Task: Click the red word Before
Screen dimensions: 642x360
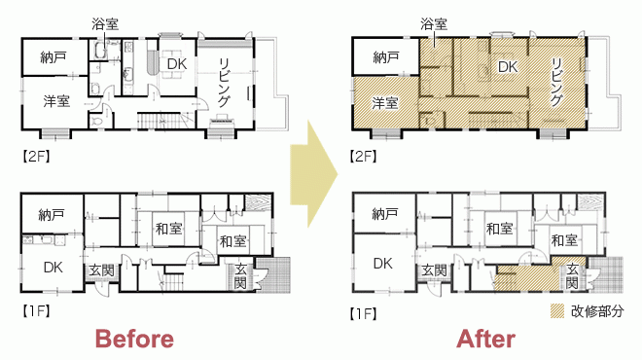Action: pos(134,340)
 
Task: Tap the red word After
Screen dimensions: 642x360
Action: pos(485,340)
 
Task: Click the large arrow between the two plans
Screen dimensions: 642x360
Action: pos(314,173)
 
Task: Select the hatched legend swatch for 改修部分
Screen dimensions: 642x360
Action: pos(557,311)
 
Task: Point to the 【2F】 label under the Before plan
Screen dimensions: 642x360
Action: pos(36,156)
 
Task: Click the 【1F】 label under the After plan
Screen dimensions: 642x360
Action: pos(363,313)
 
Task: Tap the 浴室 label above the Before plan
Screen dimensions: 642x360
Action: pos(105,24)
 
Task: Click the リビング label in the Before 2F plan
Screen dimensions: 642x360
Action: pos(225,83)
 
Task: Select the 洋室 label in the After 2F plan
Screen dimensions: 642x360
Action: pos(385,103)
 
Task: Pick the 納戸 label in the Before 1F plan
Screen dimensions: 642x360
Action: pos(52,215)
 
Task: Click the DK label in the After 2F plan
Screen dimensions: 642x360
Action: pos(508,67)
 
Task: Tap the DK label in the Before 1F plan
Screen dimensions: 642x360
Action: pos(53,268)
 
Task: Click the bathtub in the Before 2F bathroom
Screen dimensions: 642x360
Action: pos(100,51)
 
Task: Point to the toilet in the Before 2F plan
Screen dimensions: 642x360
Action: pos(96,121)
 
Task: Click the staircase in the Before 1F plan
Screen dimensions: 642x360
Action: pos(171,283)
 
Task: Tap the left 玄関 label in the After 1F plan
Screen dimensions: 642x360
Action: pos(434,270)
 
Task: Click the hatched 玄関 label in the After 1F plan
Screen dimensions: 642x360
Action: pos(572,276)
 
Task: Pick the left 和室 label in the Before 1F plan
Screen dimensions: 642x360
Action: pos(168,228)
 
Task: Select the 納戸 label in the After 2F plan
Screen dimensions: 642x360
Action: pos(386,57)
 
